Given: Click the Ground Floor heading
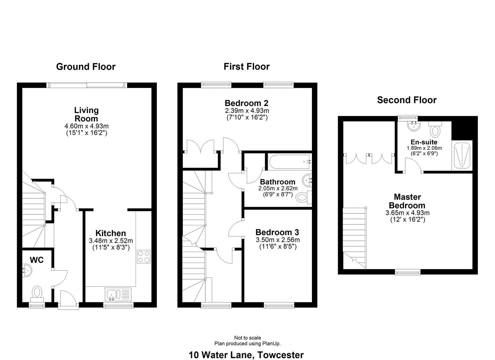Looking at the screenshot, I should [x=86, y=67].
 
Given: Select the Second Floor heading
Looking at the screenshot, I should [x=407, y=100].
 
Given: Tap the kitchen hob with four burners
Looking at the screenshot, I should [x=144, y=257].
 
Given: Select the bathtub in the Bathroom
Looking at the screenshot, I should [x=289, y=162].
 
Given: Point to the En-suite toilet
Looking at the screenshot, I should [x=435, y=130].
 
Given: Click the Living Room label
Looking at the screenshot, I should [x=86, y=114].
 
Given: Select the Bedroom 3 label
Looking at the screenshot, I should [x=277, y=232].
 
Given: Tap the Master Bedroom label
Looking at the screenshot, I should [x=407, y=201].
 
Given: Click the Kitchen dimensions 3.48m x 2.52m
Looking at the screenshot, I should [x=111, y=241].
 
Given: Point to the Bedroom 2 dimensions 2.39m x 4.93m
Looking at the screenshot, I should [x=247, y=111].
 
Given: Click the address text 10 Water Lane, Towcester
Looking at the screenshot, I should [x=246, y=355].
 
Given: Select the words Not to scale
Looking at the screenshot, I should [x=247, y=338].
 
